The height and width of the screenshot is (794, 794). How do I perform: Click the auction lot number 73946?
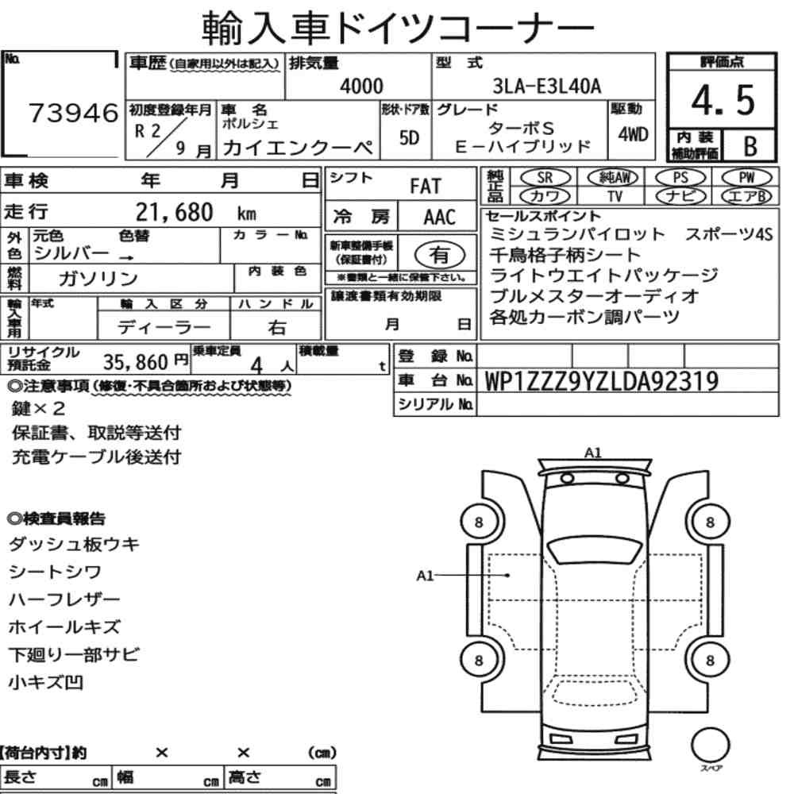pyautogui.click(x=73, y=113)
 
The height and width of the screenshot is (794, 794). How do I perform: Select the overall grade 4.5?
pyautogui.click(x=723, y=100)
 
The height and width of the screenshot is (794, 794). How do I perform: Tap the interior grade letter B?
pyautogui.click(x=750, y=146)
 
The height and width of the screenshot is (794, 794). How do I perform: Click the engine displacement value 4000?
pyautogui.click(x=361, y=86)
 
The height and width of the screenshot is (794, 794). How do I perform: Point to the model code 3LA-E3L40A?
pyautogui.click(x=547, y=87)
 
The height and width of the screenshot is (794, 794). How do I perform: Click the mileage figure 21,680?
pyautogui.click(x=174, y=212)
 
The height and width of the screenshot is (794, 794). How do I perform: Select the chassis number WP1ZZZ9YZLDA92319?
pyautogui.click(x=602, y=381)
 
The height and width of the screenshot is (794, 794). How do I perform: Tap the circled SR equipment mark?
pyautogui.click(x=545, y=178)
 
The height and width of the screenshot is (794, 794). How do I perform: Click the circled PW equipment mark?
pyautogui.click(x=746, y=178)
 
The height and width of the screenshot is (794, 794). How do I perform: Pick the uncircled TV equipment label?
pyautogui.click(x=615, y=196)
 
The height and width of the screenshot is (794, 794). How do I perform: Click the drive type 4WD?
pyautogui.click(x=633, y=135)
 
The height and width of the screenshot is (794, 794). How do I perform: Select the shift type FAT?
pyautogui.click(x=426, y=187)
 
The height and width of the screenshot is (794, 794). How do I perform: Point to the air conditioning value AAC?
pyautogui.click(x=440, y=218)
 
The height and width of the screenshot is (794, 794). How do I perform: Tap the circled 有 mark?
pyautogui.click(x=440, y=255)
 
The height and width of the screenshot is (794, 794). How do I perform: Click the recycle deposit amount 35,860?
pyautogui.click(x=136, y=362)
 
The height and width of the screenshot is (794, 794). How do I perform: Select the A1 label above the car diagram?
pyautogui.click(x=593, y=453)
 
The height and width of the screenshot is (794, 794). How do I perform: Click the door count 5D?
pyautogui.click(x=409, y=137)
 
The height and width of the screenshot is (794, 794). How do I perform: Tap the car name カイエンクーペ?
pyautogui.click(x=298, y=148)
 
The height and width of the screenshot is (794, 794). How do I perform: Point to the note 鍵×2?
pyautogui.click(x=38, y=408)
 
